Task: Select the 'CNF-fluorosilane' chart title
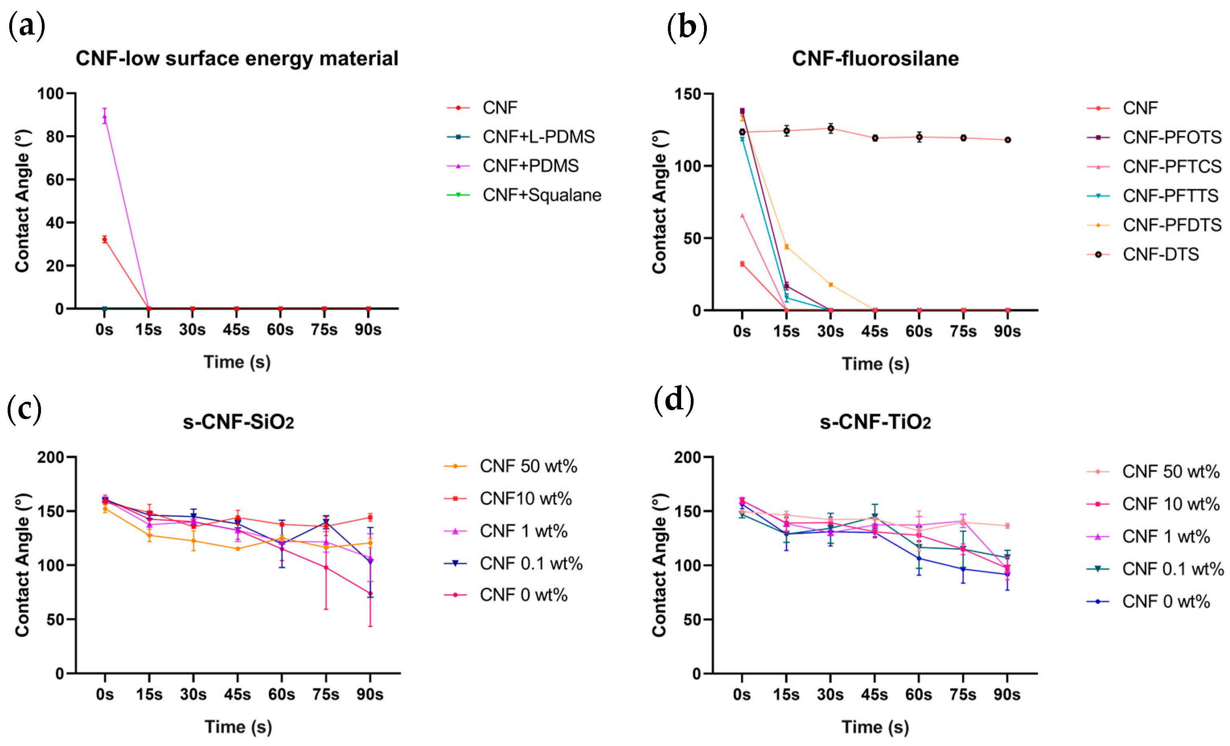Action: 875,58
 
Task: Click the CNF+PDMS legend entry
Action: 530,166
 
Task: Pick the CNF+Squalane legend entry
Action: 542,195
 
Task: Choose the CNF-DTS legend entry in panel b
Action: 1160,254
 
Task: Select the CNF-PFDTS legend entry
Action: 1172,225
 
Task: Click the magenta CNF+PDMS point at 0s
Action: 104,117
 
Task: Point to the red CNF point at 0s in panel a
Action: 104,240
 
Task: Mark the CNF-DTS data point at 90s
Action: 1007,140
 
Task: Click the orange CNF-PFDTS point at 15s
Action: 786,247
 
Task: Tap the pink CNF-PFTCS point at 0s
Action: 742,216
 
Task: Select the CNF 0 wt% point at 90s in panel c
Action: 370,594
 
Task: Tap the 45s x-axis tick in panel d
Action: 875,695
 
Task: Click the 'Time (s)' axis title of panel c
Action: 238,727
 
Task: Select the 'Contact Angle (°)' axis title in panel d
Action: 659,565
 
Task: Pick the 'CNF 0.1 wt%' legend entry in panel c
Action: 531,563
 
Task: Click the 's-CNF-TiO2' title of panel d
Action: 875,422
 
